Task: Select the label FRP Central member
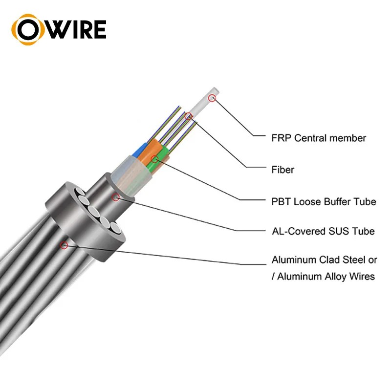coord(318,138)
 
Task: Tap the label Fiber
coord(283,170)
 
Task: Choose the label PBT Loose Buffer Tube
coord(324,201)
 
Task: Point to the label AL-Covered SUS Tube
coord(323,231)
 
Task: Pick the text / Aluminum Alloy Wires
coord(324,277)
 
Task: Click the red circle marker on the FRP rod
coord(212,98)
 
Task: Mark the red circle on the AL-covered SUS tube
coord(116,197)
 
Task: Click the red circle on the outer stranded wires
coord(63,246)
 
